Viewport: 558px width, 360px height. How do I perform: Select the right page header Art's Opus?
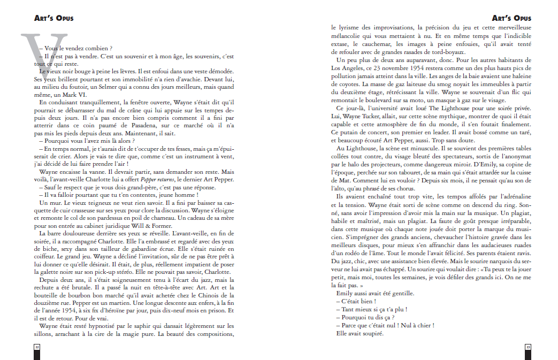coord(511,18)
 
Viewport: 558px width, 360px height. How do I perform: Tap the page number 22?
coord(37,347)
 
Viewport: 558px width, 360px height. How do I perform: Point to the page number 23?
coord(528,347)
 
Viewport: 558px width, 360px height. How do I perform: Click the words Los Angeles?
coord(349,68)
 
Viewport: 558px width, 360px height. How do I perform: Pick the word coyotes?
coord(344,86)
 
